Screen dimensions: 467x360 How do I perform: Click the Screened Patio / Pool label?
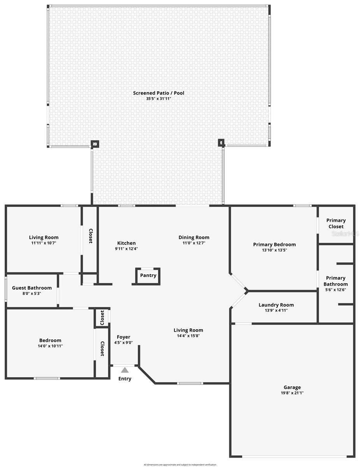pyautogui.click(x=158, y=93)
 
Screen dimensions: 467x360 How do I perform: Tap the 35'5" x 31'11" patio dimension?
pyautogui.click(x=158, y=99)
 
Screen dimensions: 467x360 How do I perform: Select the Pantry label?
pyautogui.click(x=148, y=276)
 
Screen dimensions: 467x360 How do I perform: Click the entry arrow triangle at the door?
pyautogui.click(x=125, y=370)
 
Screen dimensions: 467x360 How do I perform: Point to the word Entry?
pyautogui.click(x=125, y=379)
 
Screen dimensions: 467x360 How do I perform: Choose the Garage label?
pyautogui.click(x=292, y=387)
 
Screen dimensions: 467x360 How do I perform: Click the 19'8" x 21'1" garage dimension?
pyautogui.click(x=292, y=393)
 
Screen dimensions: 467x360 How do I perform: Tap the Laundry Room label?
pyautogui.click(x=276, y=305)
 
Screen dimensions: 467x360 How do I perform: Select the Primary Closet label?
pyautogui.click(x=336, y=223)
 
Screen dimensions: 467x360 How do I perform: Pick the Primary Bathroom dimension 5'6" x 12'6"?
pyautogui.click(x=335, y=290)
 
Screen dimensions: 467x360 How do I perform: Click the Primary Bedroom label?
pyautogui.click(x=274, y=244)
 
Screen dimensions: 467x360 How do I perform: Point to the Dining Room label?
pyautogui.click(x=194, y=237)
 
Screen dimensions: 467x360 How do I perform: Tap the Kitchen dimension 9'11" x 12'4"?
pyautogui.click(x=126, y=249)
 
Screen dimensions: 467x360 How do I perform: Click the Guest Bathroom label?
pyautogui.click(x=32, y=288)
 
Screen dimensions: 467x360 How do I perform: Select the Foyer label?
pyautogui.click(x=124, y=337)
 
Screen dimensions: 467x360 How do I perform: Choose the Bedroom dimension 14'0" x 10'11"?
pyautogui.click(x=50, y=346)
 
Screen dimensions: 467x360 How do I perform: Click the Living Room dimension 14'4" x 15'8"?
pyautogui.click(x=188, y=336)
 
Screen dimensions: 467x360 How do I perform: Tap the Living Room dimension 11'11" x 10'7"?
pyautogui.click(x=44, y=243)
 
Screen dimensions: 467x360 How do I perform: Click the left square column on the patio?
pyautogui.click(x=95, y=144)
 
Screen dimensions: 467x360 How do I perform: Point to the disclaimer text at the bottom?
pyautogui.click(x=180, y=465)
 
